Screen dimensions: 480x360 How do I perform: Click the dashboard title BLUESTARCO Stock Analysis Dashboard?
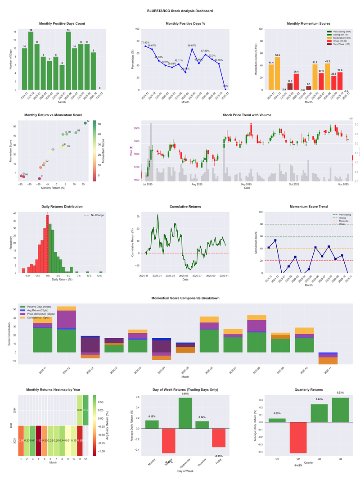(x=180, y=10)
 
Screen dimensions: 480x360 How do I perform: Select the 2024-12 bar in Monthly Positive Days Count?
(x=31, y=61)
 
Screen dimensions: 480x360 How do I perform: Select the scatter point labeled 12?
(x=85, y=123)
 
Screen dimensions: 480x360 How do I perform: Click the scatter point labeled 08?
(x=76, y=132)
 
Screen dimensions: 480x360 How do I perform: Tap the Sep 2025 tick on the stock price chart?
(x=246, y=184)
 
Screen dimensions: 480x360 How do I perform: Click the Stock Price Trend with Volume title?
(x=247, y=115)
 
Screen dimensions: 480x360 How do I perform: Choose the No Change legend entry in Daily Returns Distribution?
(x=97, y=215)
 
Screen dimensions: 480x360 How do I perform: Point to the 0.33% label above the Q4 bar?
(x=340, y=393)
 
